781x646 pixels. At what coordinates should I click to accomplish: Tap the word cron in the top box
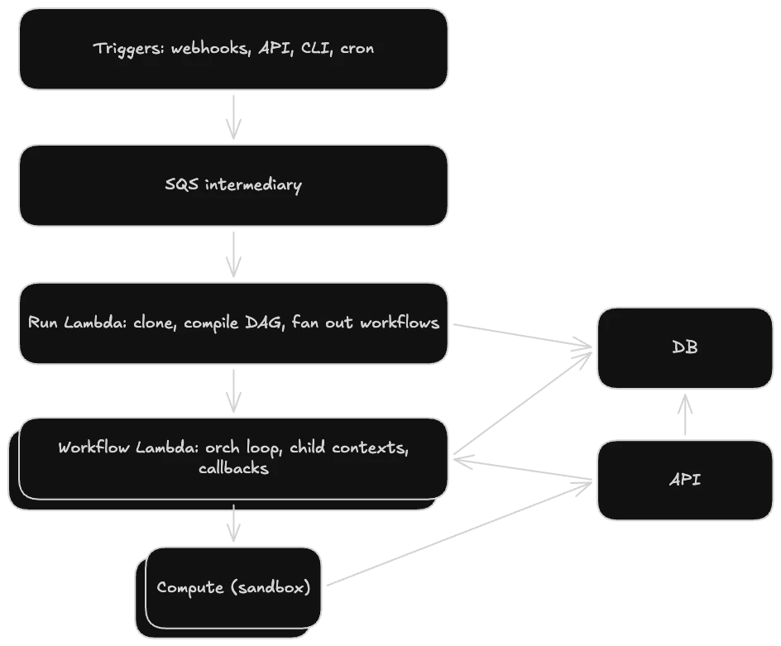(357, 48)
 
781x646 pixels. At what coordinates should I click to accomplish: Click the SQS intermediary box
(233, 184)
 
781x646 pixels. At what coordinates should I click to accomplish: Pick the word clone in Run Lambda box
(155, 322)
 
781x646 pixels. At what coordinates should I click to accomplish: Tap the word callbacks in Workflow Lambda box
(233, 468)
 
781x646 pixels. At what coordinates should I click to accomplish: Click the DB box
(684, 347)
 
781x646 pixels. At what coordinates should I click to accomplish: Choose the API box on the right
(684, 480)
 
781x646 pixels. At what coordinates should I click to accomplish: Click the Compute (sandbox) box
(233, 587)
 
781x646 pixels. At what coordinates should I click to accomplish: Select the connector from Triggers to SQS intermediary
(235, 117)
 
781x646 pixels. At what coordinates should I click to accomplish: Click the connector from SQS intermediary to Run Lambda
(235, 254)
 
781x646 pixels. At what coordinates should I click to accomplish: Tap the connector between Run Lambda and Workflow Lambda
(235, 391)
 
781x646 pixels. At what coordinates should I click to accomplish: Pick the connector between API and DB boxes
(684, 414)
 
